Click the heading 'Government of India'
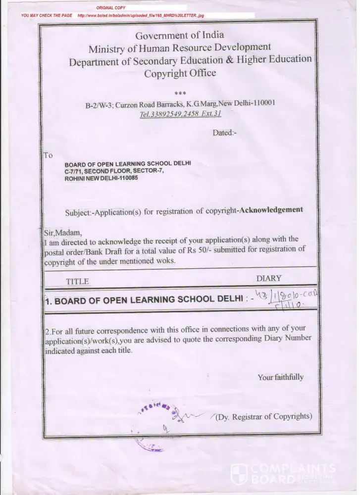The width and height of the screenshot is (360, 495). coord(180,35)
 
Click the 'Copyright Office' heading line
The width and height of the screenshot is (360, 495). coord(180,73)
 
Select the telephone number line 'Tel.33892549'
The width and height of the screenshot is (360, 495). coord(180,113)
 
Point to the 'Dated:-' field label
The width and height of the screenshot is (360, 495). coord(225,133)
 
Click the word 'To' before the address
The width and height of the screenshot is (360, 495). coord(48,155)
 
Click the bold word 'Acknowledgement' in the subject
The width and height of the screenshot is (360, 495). coord(270,209)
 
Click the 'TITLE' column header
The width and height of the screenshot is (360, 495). coord(77,281)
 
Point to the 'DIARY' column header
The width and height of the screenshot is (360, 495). coord(269,278)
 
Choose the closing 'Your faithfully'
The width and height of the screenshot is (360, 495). coord(280,377)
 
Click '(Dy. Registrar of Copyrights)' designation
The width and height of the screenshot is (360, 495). coord(263,416)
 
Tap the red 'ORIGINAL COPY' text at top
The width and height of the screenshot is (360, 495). coord(111,8)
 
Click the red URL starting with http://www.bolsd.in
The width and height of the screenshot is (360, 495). coord(141,16)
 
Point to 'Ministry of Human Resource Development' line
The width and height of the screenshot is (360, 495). coord(180,48)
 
